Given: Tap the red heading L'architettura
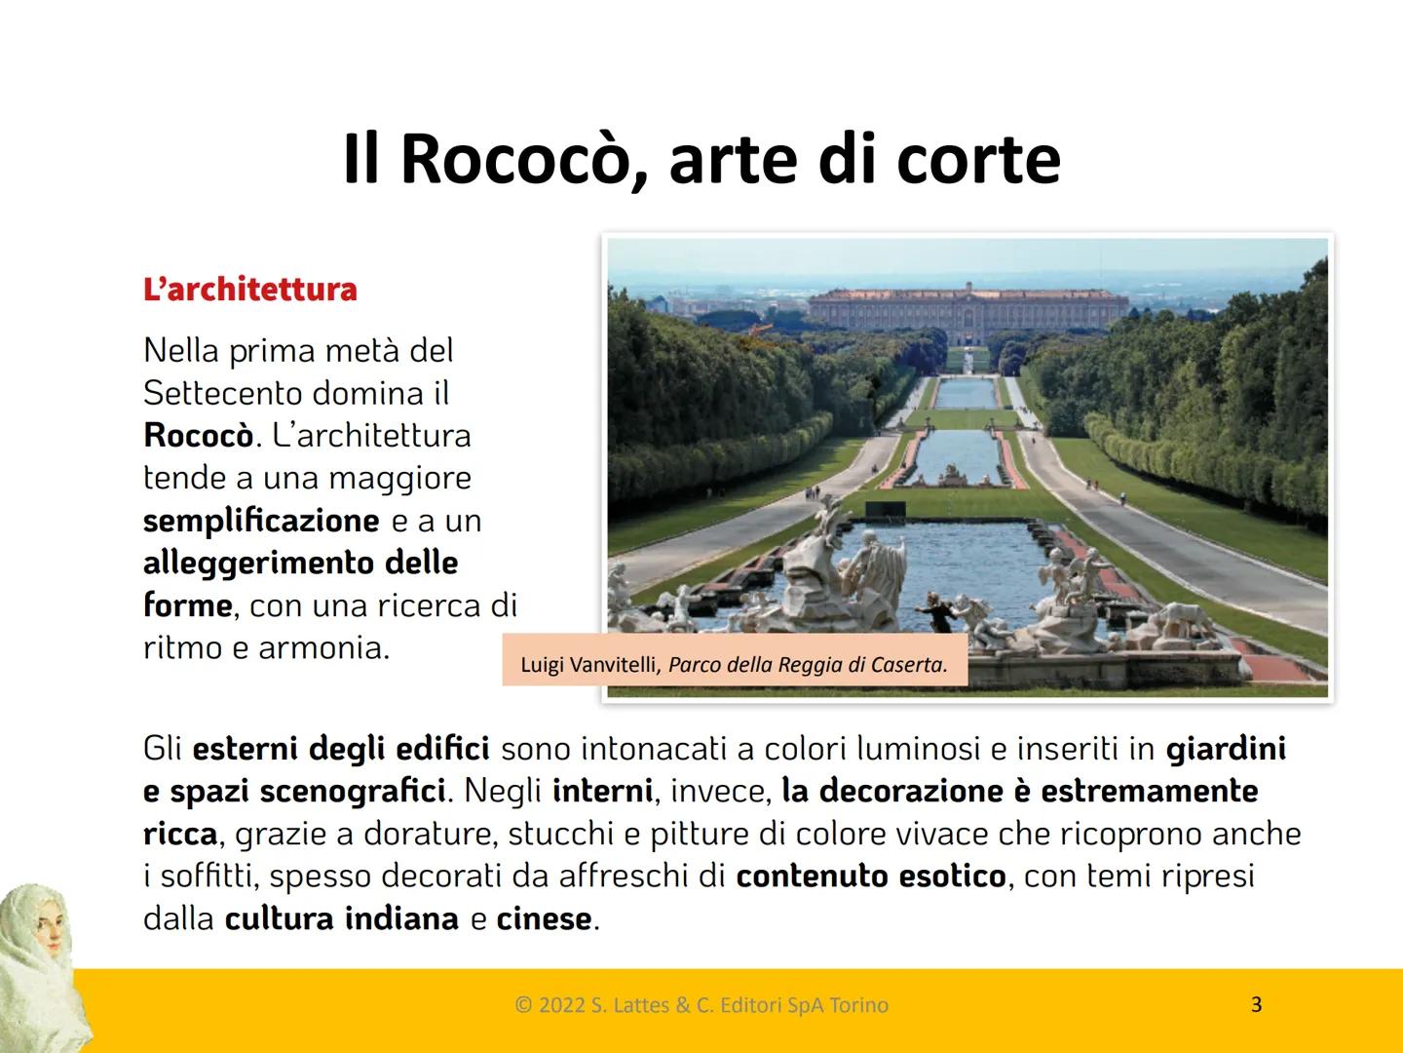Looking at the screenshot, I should [250, 290].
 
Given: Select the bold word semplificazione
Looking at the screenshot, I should [261, 521].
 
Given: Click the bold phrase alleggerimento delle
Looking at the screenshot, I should [300, 563].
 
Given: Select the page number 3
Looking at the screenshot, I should [1256, 1004].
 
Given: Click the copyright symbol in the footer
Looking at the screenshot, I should [522, 1005].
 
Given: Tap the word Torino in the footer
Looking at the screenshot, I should [858, 1005].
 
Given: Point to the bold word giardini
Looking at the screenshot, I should [1226, 749].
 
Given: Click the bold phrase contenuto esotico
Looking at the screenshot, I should [870, 877].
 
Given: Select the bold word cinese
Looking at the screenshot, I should [544, 918].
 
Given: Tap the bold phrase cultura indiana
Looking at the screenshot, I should [341, 918].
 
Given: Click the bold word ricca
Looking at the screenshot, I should [180, 834].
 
